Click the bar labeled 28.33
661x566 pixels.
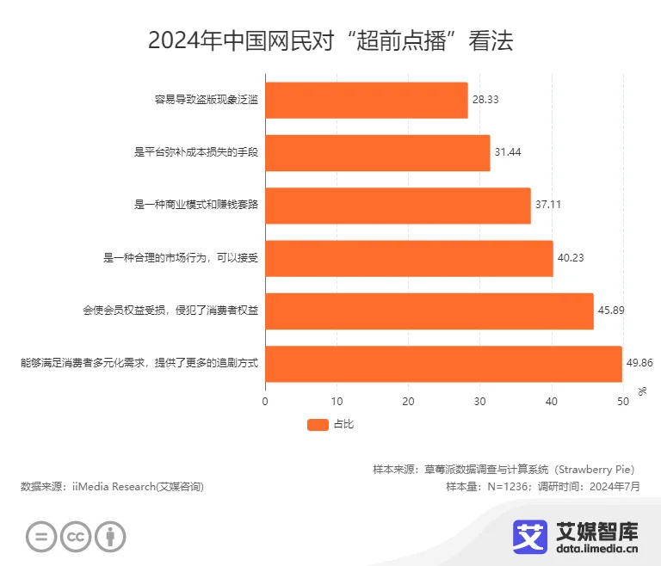point(366,101)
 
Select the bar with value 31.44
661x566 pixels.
point(377,153)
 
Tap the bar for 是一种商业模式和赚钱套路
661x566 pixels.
point(398,206)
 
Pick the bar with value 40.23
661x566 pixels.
point(409,258)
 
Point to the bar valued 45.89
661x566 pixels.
point(429,311)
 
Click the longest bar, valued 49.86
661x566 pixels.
point(443,364)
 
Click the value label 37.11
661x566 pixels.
point(548,206)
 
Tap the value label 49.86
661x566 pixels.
point(639,364)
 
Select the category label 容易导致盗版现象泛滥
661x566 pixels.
point(207,101)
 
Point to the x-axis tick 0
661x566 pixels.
point(265,401)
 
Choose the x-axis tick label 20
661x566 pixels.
point(408,401)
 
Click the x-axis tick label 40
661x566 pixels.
point(551,401)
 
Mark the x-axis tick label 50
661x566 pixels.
point(622,401)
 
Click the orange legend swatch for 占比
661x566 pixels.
point(318,424)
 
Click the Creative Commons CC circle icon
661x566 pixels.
point(76,537)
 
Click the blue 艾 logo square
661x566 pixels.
point(530,535)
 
